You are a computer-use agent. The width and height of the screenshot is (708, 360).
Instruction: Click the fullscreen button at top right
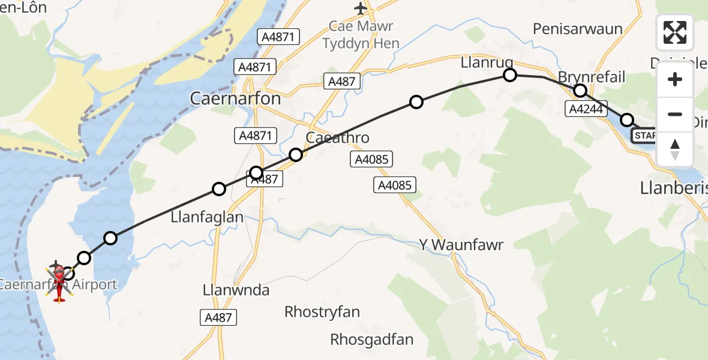675,32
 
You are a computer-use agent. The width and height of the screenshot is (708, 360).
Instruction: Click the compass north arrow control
675,150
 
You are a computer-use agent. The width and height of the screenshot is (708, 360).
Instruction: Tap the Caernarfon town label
235,98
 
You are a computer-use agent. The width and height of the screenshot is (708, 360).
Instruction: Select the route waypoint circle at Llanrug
509,75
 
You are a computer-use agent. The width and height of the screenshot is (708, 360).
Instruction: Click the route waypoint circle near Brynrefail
580,91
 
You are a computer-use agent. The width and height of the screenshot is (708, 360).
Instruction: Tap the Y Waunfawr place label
459,245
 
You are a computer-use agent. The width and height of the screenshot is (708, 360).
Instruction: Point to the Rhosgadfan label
371,340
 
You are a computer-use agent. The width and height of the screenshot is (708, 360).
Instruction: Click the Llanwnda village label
236,290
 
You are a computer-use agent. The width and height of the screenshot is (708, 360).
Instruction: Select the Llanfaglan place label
208,217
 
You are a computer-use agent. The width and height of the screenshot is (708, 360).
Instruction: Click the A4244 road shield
586,109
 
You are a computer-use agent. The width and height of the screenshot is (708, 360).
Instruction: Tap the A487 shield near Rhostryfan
218,318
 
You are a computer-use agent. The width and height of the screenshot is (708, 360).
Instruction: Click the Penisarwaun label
578,29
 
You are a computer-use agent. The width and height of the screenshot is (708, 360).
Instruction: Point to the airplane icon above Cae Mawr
360,8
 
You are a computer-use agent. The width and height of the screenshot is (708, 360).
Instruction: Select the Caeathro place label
337,137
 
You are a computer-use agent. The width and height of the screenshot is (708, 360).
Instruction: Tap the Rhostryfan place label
322,312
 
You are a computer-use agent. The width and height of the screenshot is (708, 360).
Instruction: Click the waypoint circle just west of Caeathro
295,155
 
